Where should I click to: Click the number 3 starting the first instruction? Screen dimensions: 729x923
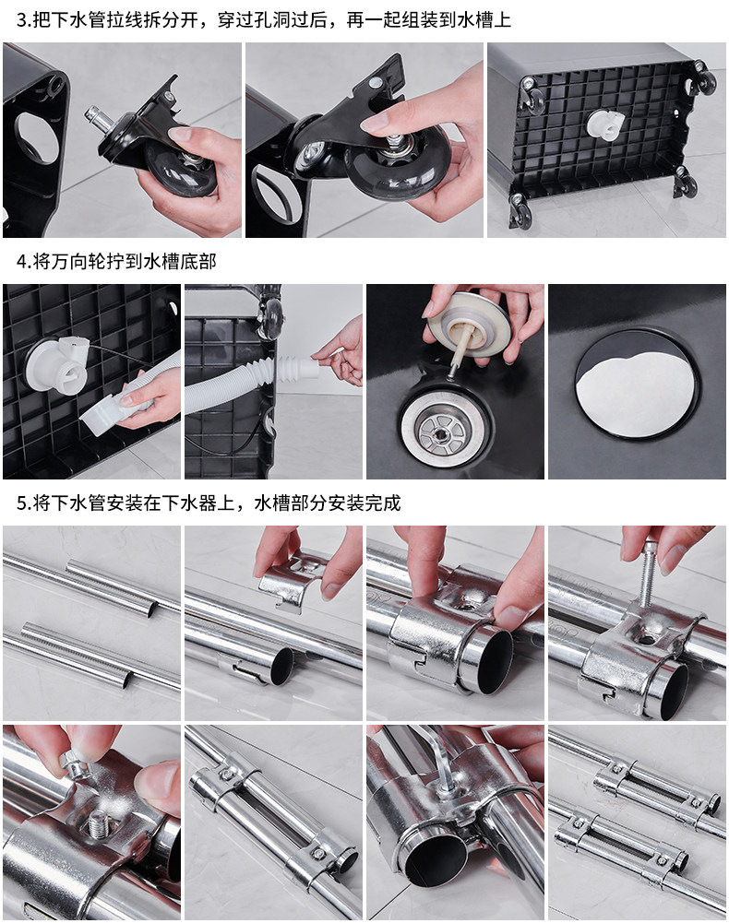[x=20, y=20]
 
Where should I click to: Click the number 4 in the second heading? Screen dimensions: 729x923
[x=20, y=261]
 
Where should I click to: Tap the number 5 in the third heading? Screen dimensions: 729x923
[x=20, y=503]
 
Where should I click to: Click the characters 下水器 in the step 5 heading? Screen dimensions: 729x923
[x=190, y=503]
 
